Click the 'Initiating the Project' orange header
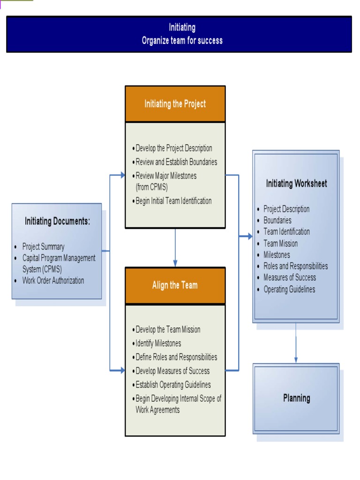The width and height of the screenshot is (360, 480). (x=175, y=104)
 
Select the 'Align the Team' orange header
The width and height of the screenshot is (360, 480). (x=175, y=285)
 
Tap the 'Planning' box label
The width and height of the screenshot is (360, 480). (x=296, y=398)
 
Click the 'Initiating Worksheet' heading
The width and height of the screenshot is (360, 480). (x=296, y=184)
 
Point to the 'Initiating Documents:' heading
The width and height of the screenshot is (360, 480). (x=57, y=222)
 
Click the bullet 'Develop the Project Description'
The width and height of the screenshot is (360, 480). (x=173, y=149)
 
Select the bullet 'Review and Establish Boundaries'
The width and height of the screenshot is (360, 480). (x=176, y=162)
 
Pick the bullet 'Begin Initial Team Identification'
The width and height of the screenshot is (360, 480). (x=173, y=201)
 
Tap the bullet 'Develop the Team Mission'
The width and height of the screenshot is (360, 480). (x=168, y=330)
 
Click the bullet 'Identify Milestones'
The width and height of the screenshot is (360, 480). (x=158, y=344)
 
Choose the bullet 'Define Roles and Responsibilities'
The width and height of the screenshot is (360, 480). (x=176, y=357)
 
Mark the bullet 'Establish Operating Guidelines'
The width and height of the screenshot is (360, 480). (x=173, y=385)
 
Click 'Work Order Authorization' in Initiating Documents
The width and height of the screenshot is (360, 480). (x=53, y=281)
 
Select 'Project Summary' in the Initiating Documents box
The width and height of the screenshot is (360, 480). (x=43, y=247)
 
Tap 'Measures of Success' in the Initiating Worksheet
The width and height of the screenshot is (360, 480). (x=289, y=277)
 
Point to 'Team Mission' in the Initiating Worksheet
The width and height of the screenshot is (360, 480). (x=280, y=244)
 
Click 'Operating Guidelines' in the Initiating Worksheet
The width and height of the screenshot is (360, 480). (x=289, y=289)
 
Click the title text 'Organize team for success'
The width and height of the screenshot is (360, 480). (x=182, y=41)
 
